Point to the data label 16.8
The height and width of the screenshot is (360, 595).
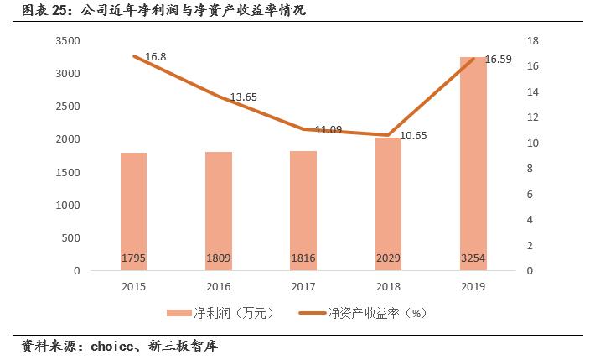pos(156,57)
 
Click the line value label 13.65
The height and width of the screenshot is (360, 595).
pos(243,97)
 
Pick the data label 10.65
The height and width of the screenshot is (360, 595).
pos(413,135)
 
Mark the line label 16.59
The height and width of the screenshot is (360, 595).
pos(499,60)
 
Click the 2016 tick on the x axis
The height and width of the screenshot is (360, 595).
pos(219,286)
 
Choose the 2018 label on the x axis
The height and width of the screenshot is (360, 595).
pos(389,286)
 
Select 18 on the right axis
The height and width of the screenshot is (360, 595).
pos(531,41)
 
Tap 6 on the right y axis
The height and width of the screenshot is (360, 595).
pos(529,195)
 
